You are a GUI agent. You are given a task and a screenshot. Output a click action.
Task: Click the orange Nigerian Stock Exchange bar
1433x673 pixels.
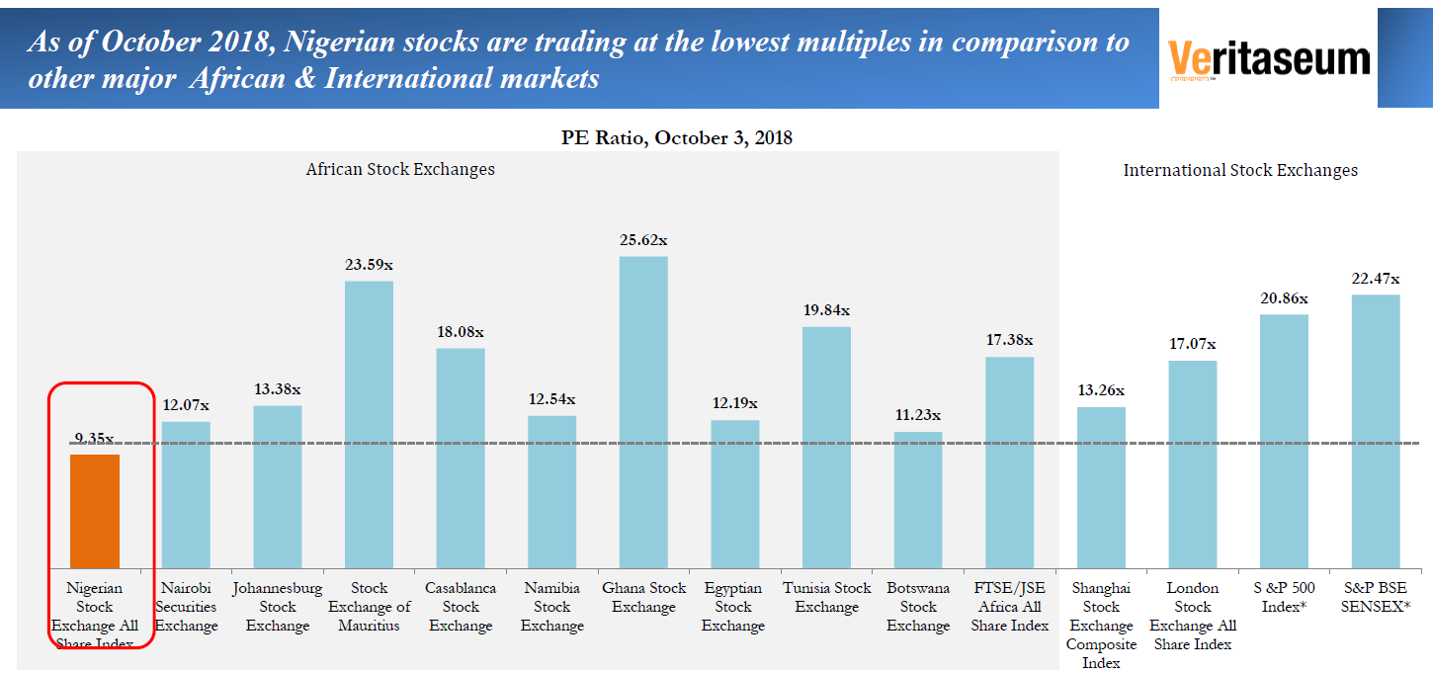pyautogui.click(x=94, y=510)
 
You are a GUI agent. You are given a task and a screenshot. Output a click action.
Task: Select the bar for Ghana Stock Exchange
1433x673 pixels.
pyautogui.click(x=643, y=411)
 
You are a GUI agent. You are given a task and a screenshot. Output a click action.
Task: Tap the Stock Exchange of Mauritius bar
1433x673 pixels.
pyautogui.click(x=369, y=424)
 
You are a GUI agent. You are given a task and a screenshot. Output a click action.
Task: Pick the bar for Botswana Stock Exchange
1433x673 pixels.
pyautogui.click(x=918, y=499)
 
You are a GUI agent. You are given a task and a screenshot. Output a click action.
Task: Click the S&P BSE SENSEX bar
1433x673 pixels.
pyautogui.click(x=1376, y=431)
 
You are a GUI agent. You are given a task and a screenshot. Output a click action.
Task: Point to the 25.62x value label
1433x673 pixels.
pyautogui.click(x=643, y=240)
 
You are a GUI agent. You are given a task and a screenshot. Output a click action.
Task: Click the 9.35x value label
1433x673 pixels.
pyautogui.click(x=94, y=438)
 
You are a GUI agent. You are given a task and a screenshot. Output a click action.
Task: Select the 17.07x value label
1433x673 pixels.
pyautogui.click(x=1193, y=344)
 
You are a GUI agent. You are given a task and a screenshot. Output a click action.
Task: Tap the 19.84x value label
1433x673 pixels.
pyautogui.click(x=826, y=310)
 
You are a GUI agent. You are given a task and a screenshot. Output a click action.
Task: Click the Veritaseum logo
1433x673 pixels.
pyautogui.click(x=1269, y=59)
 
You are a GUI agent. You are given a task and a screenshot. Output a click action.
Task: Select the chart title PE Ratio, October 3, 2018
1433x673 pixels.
pyautogui.click(x=677, y=137)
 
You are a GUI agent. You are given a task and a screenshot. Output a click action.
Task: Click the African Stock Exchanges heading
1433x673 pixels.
pyautogui.click(x=400, y=169)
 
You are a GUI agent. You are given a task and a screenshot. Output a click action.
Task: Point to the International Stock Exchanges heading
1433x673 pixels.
pyautogui.click(x=1240, y=170)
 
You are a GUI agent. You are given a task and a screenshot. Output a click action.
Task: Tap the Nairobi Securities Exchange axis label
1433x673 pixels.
pyautogui.click(x=186, y=606)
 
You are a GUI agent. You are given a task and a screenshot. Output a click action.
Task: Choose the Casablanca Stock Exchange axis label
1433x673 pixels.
pyautogui.click(x=461, y=606)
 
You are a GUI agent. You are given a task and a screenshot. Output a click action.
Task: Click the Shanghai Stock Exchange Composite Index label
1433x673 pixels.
pyautogui.click(x=1101, y=625)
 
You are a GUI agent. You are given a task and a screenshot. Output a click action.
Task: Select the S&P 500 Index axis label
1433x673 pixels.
pyautogui.click(x=1285, y=597)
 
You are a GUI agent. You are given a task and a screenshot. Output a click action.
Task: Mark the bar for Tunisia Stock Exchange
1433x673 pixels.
pyautogui.click(x=826, y=447)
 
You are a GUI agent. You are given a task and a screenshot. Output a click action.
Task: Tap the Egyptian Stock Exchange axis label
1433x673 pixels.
pyautogui.click(x=733, y=606)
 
